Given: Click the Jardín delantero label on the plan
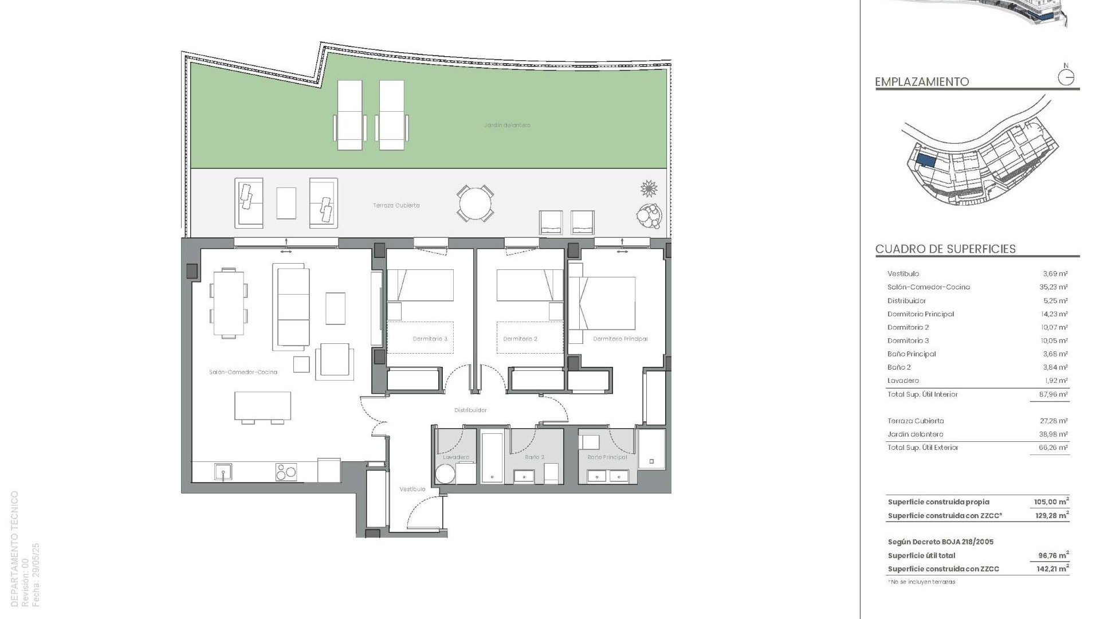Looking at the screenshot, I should (507, 125).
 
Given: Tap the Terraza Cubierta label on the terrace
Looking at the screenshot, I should (396, 205).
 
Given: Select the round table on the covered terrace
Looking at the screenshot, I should (475, 203).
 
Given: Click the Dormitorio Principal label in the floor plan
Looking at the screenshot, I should (620, 339).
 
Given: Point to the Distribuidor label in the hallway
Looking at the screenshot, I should (470, 410).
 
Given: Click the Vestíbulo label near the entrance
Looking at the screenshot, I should (412, 489).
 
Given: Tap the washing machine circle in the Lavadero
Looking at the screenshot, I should (445, 474).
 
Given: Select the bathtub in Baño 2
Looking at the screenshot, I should (492, 457).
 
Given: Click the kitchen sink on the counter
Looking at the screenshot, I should (223, 472).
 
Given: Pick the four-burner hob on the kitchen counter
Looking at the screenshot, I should (286, 472).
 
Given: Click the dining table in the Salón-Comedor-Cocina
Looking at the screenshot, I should (229, 303).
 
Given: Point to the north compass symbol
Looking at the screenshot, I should (1066, 77).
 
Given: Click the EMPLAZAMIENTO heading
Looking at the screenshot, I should (922, 82).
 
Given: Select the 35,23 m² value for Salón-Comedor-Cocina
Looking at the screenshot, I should (1055, 287).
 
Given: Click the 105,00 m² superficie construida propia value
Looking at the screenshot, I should (1051, 502).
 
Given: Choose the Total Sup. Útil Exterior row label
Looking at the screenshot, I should (922, 448).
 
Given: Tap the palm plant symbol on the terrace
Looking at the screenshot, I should (649, 188).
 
